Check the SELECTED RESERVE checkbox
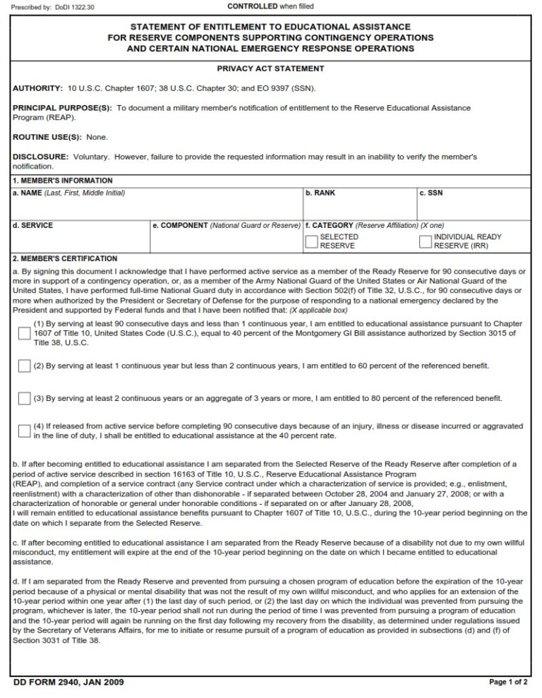(x=311, y=241)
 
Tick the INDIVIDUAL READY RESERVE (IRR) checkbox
(x=426, y=241)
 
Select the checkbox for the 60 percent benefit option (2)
(x=25, y=366)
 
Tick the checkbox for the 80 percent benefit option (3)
(x=25, y=398)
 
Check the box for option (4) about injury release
(x=25, y=431)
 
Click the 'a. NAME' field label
(x=28, y=193)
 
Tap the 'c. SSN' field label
(x=430, y=193)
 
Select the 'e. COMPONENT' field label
(x=181, y=226)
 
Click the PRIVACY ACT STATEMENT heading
(x=270, y=68)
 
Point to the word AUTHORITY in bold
(x=37, y=88)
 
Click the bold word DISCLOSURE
(x=40, y=156)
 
